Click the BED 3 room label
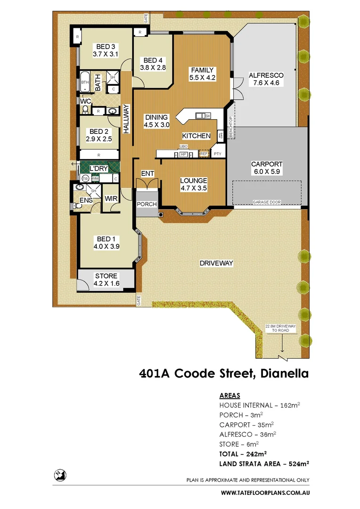point(105,47)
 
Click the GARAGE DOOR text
point(267,202)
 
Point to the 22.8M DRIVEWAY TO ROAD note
point(280,328)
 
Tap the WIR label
point(111,199)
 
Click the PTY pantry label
point(217,154)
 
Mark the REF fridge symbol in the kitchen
point(204,154)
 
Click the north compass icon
point(59,476)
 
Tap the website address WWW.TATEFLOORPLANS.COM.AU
point(265,493)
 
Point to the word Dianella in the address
point(282,374)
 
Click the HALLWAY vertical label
point(126,119)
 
